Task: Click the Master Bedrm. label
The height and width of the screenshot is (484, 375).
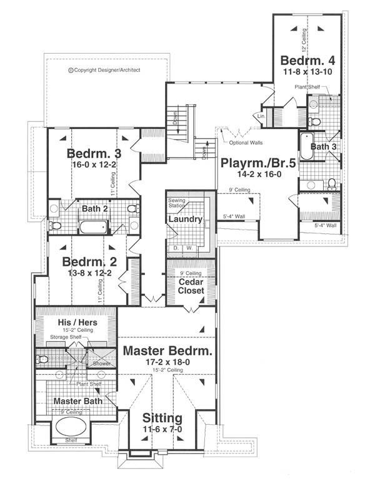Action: click(167, 351)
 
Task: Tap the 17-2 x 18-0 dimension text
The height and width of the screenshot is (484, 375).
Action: click(167, 362)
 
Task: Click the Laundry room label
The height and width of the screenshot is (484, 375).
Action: click(184, 220)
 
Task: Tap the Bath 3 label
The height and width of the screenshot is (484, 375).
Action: click(324, 147)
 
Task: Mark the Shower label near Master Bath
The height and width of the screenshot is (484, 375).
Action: click(101, 364)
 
